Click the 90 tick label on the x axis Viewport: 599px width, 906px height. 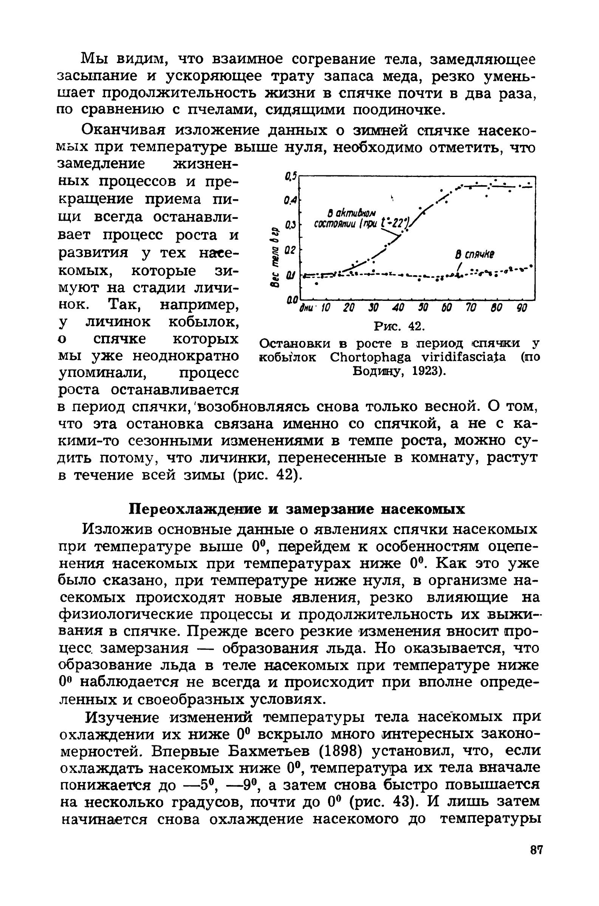[x=521, y=308]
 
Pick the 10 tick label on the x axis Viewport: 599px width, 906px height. [x=324, y=308]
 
